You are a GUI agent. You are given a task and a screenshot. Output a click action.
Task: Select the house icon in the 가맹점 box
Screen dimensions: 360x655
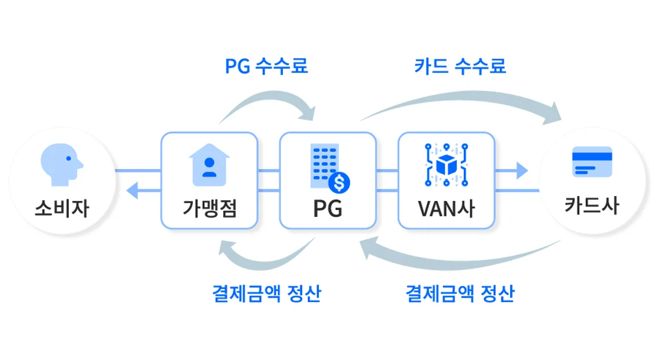click(x=209, y=165)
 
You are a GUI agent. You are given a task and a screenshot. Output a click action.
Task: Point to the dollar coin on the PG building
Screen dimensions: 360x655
click(x=340, y=183)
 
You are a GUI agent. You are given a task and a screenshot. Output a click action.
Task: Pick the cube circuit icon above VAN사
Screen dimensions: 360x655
click(x=445, y=164)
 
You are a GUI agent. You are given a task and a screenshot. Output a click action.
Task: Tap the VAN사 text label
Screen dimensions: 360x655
click(x=447, y=208)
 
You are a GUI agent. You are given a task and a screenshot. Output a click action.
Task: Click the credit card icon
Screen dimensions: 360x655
click(x=592, y=162)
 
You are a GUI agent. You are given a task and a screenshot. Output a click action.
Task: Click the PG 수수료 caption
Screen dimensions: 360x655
click(x=266, y=66)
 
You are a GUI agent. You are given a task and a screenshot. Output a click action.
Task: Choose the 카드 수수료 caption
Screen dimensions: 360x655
click(x=460, y=66)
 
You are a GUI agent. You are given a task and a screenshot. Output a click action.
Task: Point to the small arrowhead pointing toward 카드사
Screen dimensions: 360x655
click(x=521, y=170)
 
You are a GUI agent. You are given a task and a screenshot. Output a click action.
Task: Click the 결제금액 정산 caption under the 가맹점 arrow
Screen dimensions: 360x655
click(x=266, y=294)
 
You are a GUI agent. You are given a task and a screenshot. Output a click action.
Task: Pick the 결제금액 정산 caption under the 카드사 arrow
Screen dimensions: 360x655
click(x=460, y=294)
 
